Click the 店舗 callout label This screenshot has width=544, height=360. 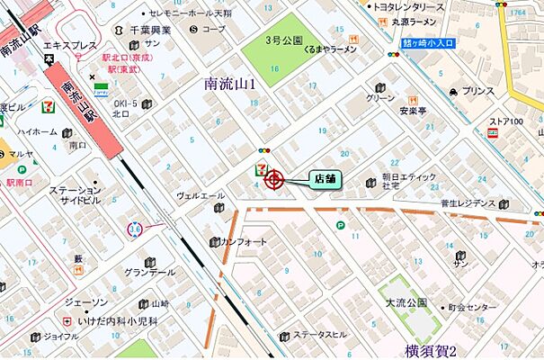324,178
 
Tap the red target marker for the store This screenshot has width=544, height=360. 274,180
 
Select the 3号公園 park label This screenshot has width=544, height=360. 285,40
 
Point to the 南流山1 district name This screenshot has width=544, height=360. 231,84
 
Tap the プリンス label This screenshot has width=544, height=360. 477,91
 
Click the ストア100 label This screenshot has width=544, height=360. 506,121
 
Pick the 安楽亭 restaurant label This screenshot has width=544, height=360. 406,113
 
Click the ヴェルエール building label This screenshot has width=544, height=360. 200,194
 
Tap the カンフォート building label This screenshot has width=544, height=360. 245,242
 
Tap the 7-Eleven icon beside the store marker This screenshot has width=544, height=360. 260,167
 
